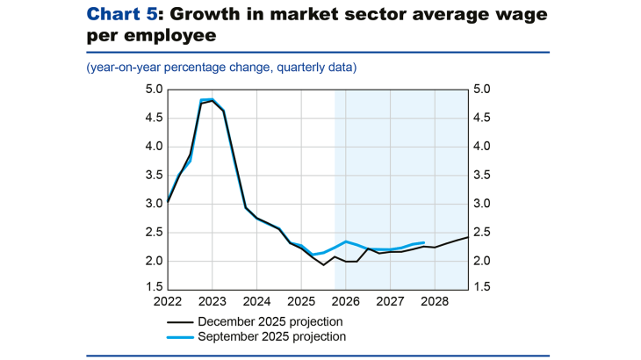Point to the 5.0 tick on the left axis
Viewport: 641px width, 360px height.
154,90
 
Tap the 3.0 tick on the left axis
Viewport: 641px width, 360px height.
154,204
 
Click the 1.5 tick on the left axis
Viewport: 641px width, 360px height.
154,288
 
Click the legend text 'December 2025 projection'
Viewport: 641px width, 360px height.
271,321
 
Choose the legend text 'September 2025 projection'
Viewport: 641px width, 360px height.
272,336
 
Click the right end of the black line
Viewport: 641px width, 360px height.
467,237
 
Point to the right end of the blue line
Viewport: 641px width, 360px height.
424,242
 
